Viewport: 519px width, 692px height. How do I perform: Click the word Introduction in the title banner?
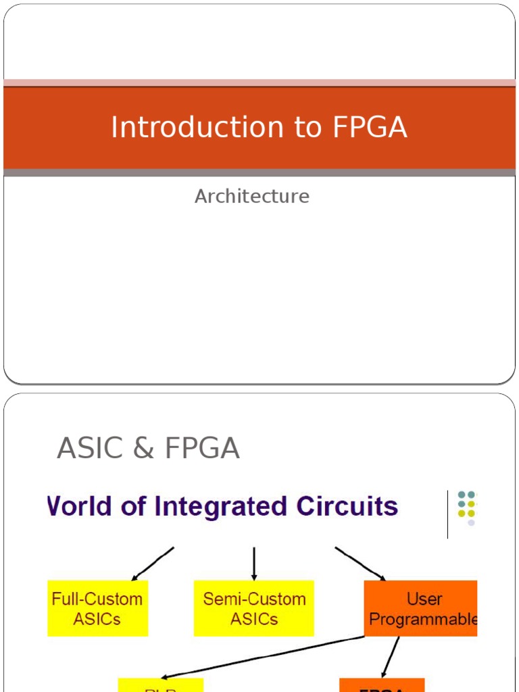pyautogui.click(x=177, y=127)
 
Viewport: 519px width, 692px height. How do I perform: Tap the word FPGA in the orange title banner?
pyautogui.click(x=370, y=127)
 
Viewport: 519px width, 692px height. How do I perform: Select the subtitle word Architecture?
pyautogui.click(x=252, y=196)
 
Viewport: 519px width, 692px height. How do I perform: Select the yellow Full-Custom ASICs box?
pyautogui.click(x=97, y=608)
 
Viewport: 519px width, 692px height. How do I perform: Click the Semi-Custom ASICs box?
pyautogui.click(x=254, y=608)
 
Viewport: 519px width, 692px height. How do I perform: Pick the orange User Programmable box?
pyautogui.click(x=421, y=608)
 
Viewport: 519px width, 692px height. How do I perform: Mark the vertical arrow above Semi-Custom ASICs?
pyautogui.click(x=254, y=563)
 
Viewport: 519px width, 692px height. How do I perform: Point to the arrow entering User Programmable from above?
pyautogui.click(x=360, y=563)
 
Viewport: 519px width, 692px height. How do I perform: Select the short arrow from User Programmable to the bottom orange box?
pyautogui.click(x=391, y=657)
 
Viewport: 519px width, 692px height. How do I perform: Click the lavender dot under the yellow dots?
pyautogui.click(x=471, y=522)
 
